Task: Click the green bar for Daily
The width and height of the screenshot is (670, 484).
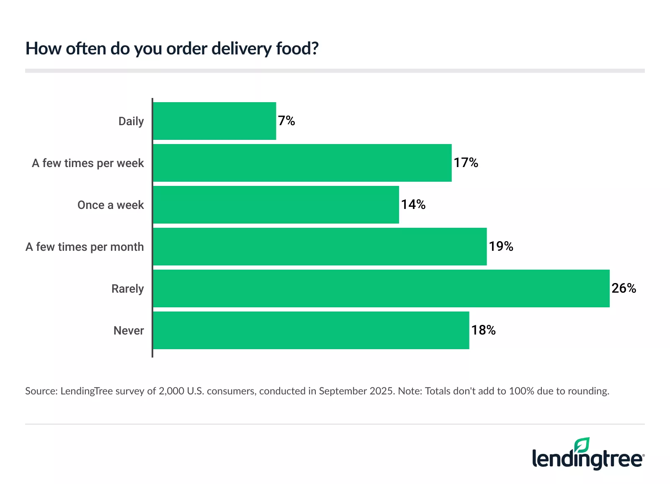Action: (214, 121)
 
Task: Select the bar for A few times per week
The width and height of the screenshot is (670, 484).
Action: (302, 163)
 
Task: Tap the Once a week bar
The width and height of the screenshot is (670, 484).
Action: (276, 205)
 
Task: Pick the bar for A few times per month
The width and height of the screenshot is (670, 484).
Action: (320, 247)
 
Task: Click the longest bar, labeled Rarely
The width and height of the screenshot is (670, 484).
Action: (381, 288)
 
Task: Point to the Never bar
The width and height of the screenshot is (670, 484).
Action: (311, 330)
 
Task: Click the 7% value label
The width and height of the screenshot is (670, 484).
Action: (286, 121)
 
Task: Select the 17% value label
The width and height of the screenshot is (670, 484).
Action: (466, 163)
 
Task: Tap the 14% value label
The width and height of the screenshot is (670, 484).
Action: (413, 205)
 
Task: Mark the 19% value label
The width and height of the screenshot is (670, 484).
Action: (501, 247)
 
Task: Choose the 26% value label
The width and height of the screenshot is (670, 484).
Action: (624, 288)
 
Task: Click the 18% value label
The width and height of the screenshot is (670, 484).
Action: (483, 330)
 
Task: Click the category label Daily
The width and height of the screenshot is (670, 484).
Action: (131, 121)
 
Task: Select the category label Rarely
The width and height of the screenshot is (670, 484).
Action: (127, 289)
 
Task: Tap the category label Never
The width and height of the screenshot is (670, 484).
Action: (129, 331)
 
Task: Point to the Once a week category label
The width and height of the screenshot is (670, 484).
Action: (111, 205)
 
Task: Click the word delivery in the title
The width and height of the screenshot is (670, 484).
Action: (242, 49)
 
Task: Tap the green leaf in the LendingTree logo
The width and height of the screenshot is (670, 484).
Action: (582, 445)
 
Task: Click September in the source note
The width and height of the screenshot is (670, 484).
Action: (342, 391)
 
